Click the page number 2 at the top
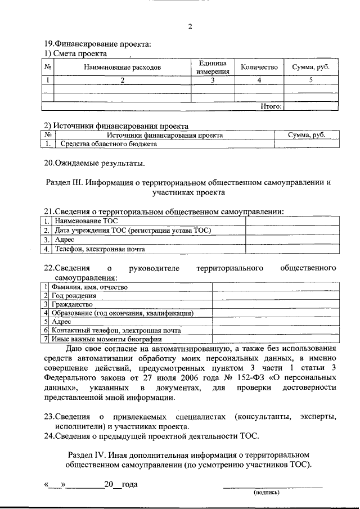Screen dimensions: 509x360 [x=190, y=26]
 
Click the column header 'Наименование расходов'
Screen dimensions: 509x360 [x=122, y=67]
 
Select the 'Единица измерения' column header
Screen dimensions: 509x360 [x=212, y=67]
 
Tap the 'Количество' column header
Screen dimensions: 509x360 [x=259, y=67]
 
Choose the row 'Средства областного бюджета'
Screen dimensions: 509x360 [x=109, y=144]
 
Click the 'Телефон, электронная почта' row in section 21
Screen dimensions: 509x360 [x=100, y=249]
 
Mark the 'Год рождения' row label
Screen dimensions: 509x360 [x=74, y=295]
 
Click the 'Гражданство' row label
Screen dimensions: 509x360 [x=72, y=304]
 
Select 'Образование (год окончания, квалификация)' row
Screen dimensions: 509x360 [x=122, y=313]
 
